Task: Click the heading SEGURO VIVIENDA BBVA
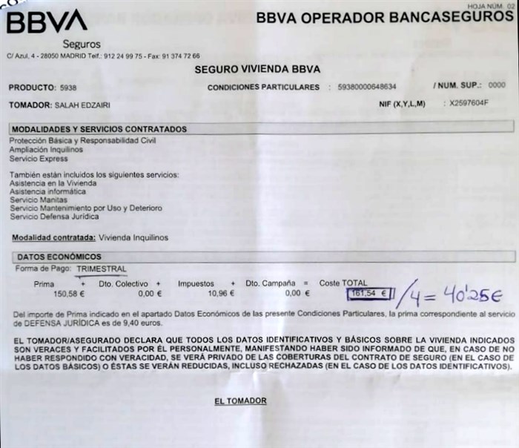click(x=257, y=70)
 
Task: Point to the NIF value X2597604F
click(x=469, y=104)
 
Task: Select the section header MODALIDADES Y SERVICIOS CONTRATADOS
click(x=99, y=129)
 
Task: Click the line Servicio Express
click(x=39, y=159)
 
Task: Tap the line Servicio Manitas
click(x=39, y=200)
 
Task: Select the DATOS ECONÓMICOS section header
click(x=59, y=257)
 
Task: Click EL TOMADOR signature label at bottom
click(x=240, y=401)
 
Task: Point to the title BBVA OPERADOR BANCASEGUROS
click(x=385, y=17)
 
